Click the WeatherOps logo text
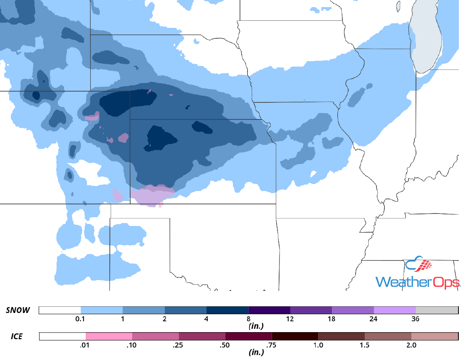click(418, 281)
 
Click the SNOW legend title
click(18, 310)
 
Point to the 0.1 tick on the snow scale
click(81, 319)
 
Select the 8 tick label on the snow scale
click(248, 319)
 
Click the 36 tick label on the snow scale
click(415, 319)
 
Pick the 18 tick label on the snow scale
click(332, 319)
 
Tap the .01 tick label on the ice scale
click(85, 345)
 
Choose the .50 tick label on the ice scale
click(225, 345)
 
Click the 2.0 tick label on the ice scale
click(411, 345)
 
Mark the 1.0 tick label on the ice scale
click(318, 345)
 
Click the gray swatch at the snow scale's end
click(436, 310)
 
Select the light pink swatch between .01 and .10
click(109, 336)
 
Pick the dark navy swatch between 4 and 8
click(227, 310)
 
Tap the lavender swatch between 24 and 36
click(394, 310)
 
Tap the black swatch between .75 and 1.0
click(295, 336)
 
